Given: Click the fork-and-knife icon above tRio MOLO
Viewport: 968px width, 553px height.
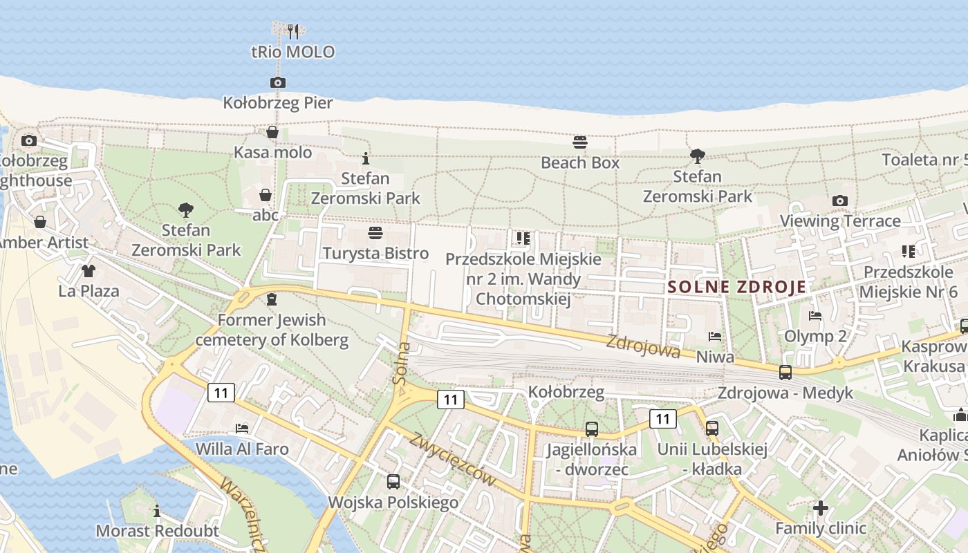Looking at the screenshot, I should [293, 31].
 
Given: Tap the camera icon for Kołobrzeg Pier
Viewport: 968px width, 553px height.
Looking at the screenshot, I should [277, 83].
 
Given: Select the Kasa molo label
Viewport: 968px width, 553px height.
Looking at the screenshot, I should [273, 152].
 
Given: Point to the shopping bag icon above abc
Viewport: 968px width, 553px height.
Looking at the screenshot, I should [265, 195].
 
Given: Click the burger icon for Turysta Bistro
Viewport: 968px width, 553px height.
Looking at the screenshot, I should [375, 232].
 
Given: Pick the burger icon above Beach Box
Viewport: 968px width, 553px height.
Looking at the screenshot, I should [580, 142].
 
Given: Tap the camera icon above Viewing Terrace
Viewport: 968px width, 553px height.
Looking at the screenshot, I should [840, 200].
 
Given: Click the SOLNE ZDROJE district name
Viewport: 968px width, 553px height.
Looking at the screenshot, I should [737, 287].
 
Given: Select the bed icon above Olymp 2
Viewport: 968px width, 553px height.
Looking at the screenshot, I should [815, 316].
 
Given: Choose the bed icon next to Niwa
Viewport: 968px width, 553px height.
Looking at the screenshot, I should [715, 337].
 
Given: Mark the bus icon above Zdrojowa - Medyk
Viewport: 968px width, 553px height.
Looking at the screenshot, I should [785, 373].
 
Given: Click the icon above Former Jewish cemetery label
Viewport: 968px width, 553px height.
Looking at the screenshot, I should [271, 300].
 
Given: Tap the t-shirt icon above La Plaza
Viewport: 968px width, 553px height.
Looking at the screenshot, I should [89, 270].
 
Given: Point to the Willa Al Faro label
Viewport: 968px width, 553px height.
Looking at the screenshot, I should [242, 449].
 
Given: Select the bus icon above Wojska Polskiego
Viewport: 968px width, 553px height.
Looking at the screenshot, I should [393, 481].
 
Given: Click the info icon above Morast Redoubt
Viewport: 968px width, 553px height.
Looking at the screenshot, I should [157, 511].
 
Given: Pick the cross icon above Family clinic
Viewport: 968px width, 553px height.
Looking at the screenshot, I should [821, 508].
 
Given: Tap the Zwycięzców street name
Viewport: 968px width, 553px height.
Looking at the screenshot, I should [463, 459].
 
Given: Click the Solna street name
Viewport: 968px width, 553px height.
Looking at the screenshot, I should [401, 364].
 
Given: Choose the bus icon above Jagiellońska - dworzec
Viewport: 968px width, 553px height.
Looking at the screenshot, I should [591, 429].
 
